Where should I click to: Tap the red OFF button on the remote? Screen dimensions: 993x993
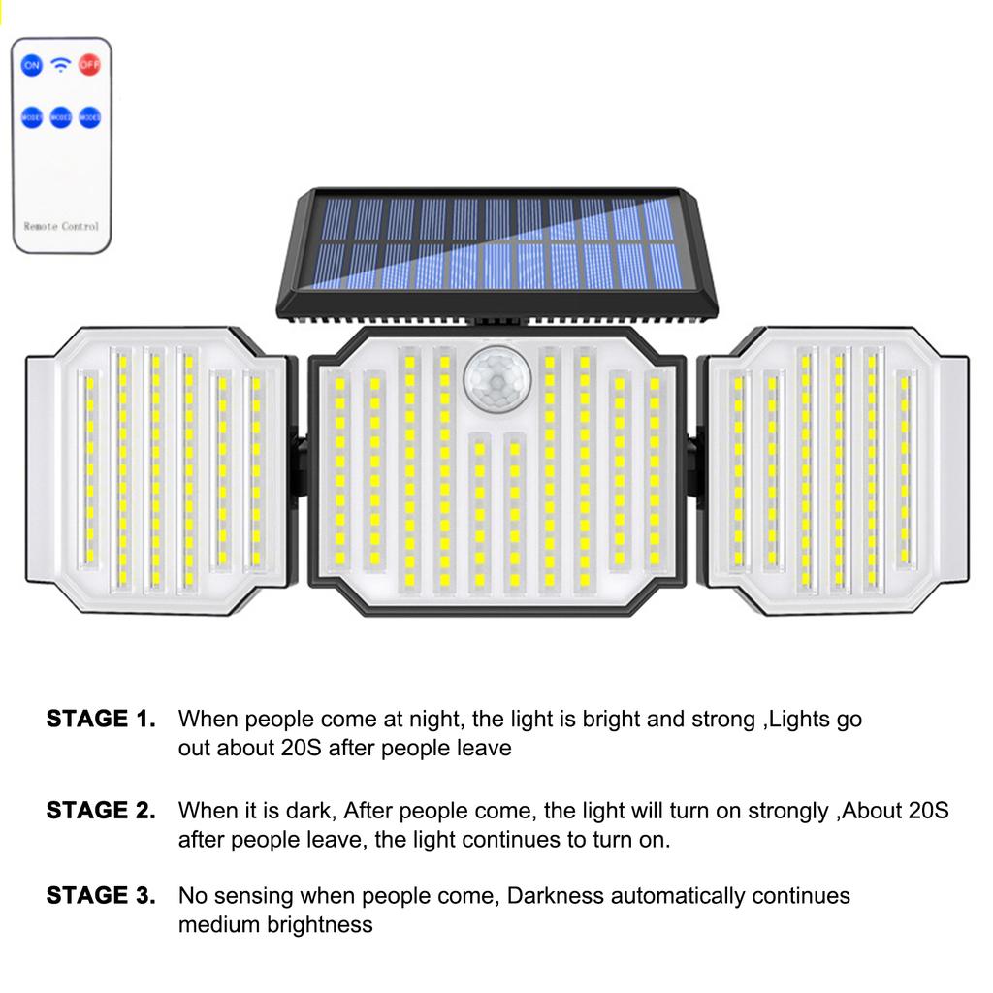coord(90,66)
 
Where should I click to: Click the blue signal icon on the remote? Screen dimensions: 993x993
coord(61,66)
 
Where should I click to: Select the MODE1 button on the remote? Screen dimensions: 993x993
coord(32,117)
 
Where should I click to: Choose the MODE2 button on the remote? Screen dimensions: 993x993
coord(61,117)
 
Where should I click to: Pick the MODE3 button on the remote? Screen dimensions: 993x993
coord(90,117)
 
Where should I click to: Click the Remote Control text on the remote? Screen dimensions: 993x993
coord(61,226)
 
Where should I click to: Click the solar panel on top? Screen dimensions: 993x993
coord(497,248)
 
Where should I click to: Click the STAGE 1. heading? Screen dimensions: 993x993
coord(101,720)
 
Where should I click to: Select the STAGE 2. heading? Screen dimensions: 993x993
coord(101,811)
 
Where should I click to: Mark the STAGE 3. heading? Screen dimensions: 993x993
coord(101,896)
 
